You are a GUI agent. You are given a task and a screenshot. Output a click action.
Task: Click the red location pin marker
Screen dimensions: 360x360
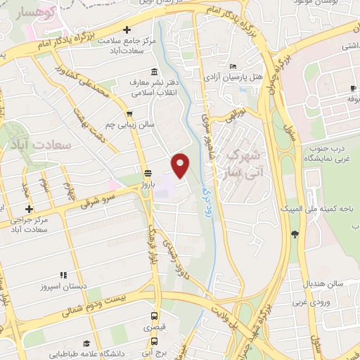tap(181, 165)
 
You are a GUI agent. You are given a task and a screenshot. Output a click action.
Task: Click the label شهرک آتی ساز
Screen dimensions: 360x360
tap(245, 162)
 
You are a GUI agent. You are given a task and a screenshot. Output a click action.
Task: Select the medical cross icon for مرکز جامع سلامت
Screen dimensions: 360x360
tap(127, 30)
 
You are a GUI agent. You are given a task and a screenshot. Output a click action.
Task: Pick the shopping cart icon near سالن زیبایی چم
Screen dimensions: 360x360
tap(128, 113)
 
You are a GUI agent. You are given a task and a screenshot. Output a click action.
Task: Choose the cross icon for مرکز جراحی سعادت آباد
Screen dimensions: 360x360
tap(29, 209)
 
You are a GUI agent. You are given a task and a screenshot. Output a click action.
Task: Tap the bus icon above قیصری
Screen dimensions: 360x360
tap(155, 316)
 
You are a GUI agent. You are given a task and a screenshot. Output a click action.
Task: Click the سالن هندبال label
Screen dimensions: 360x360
tap(323, 283)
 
